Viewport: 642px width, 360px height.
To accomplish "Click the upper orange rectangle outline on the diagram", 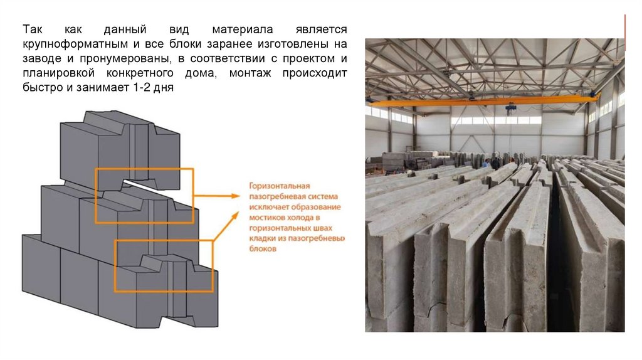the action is pos(144,168).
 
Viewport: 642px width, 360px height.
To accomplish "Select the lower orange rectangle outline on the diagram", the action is pos(115,263).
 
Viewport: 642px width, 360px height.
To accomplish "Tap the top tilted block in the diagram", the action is pos(119,144).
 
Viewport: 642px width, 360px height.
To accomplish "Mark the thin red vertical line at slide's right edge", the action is pos(625,31).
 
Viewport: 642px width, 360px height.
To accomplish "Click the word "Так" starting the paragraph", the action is pos(32,30).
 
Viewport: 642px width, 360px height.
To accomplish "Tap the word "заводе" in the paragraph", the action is pos(41,60).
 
